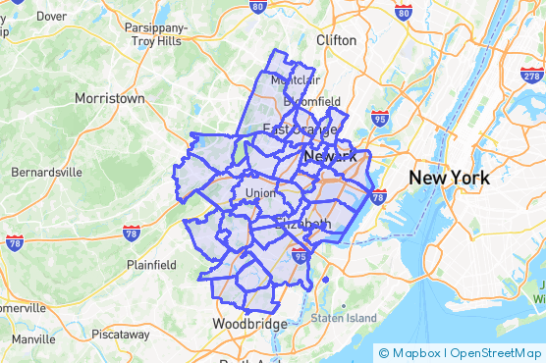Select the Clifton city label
[337, 40]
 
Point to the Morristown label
[109, 98]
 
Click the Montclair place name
[289, 79]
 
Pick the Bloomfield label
[311, 101]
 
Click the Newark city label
[330, 157]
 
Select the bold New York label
[449, 178]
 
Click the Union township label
[260, 192]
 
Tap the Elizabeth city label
[304, 225]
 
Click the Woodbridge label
[249, 324]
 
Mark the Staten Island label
[344, 318]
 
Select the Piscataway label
[120, 334]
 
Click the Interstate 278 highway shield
[531, 75]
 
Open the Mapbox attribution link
[412, 352]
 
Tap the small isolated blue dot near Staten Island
[325, 280]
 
